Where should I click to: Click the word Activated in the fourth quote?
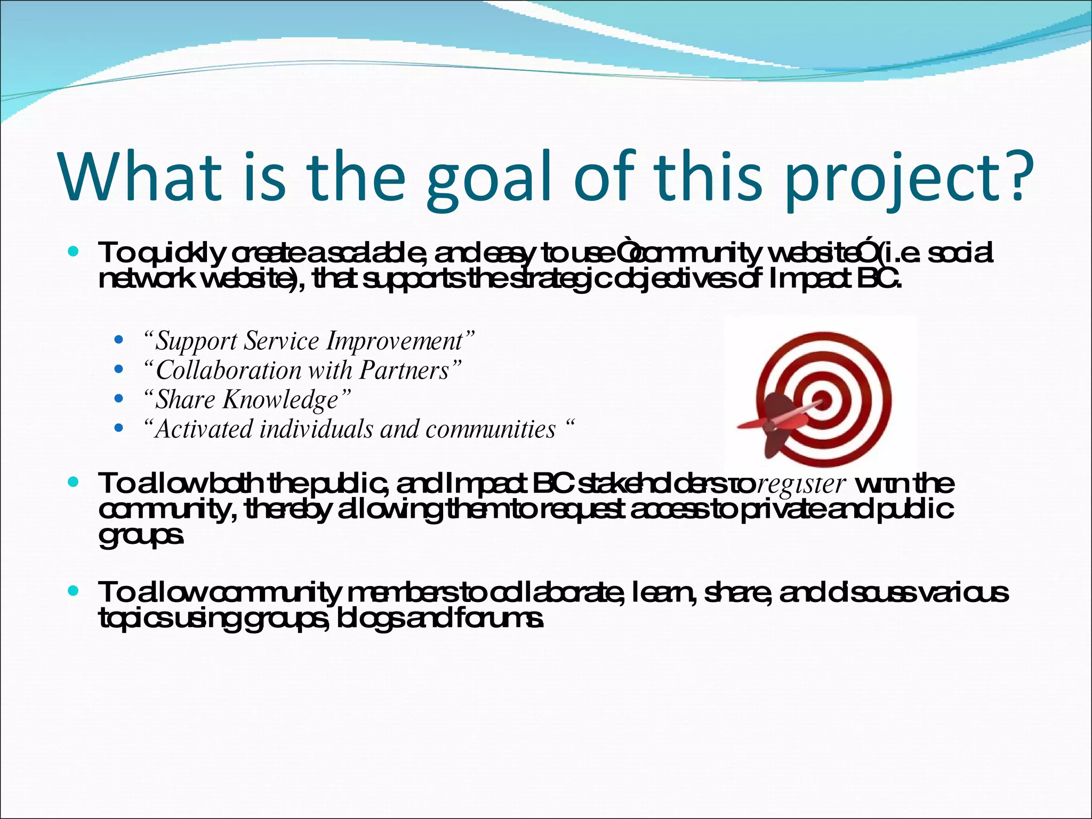[203, 429]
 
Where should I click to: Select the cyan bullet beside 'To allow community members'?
[74, 591]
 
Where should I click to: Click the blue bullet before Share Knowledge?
[119, 398]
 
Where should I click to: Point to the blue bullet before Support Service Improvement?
[119, 340]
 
